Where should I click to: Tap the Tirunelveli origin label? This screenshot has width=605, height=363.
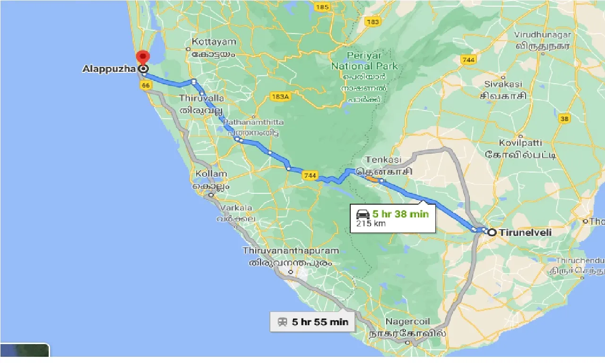526,233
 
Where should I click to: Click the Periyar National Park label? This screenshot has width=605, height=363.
364,61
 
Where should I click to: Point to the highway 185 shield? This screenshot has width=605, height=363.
323,7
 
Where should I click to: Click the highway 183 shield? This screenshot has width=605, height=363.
372,22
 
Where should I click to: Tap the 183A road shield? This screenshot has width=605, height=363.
280,96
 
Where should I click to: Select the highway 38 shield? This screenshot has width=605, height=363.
564,119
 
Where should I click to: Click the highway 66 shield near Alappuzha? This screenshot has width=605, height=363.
145,85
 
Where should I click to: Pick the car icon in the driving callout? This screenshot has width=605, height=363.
363,214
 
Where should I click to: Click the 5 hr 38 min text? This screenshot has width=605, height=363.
400,214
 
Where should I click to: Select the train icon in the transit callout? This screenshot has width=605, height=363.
283,322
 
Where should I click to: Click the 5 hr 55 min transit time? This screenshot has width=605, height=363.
320,322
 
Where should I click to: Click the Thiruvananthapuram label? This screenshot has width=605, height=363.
291,251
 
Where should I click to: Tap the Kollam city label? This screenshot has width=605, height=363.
211,174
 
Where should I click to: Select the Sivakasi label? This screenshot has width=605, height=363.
503,84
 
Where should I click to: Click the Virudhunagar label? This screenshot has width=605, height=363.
543,35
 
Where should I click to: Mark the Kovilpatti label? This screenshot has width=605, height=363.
521,143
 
